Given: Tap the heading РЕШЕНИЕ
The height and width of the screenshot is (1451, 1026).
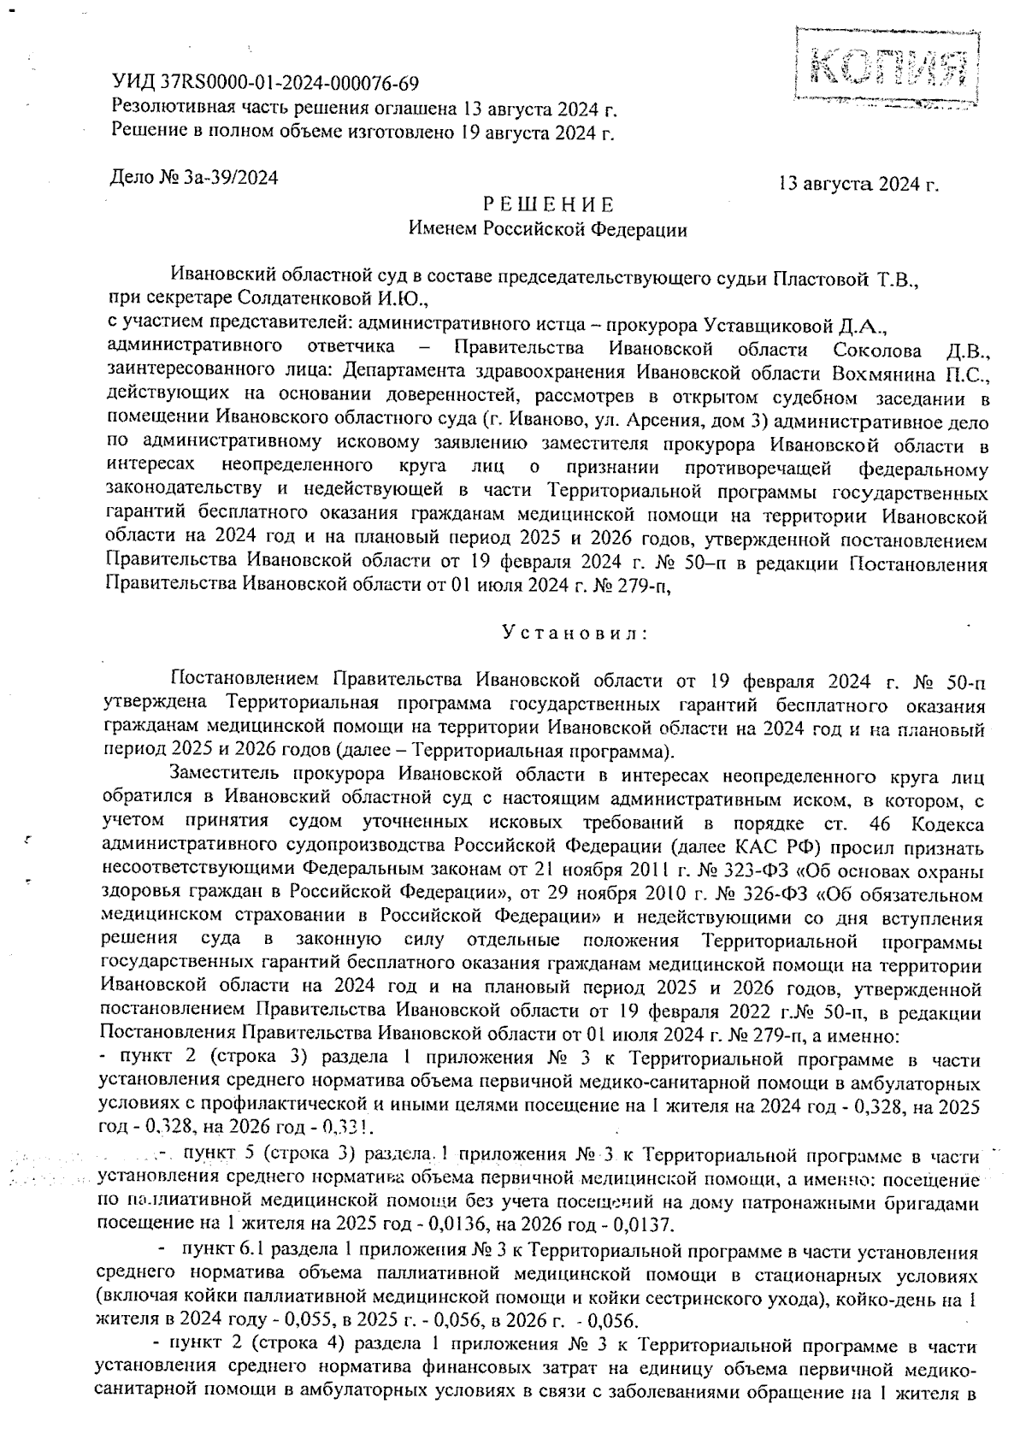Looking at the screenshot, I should click(x=548, y=205).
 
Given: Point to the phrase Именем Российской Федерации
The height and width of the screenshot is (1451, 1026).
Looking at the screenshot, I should click(x=547, y=229).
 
